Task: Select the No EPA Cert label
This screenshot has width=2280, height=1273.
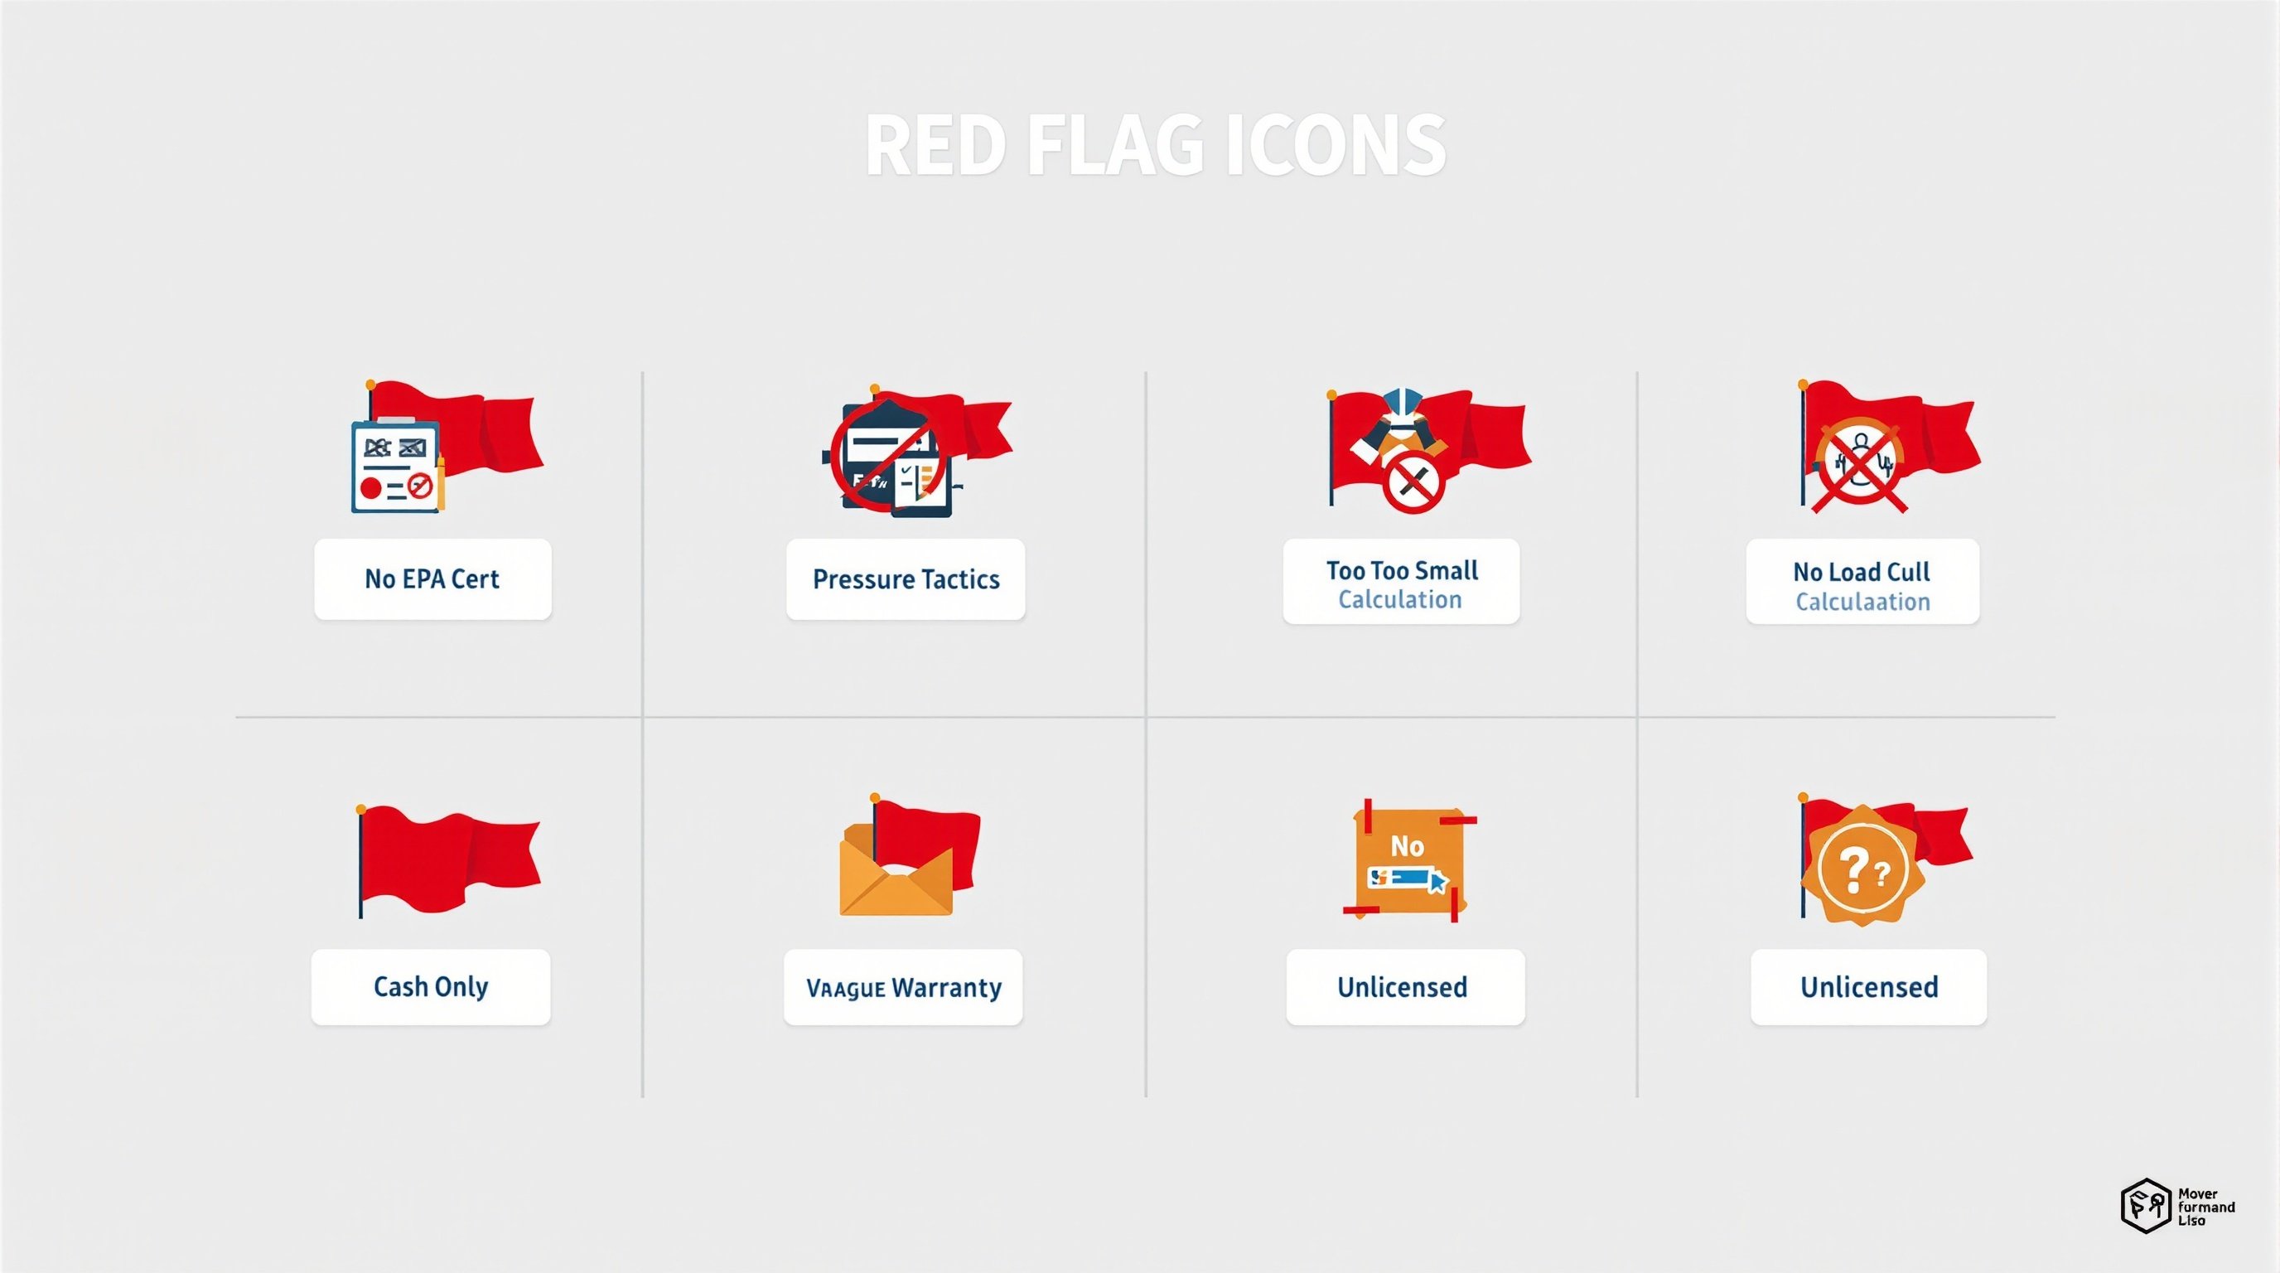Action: coord(432,579)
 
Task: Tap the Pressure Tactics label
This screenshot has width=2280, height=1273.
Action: coord(906,579)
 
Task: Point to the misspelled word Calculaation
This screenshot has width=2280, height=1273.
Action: coord(1862,602)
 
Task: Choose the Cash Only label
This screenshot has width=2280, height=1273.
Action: coord(430,986)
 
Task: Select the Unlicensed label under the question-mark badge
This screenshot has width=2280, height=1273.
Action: coord(1868,987)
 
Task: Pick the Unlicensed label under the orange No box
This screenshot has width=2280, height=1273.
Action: coord(1402,987)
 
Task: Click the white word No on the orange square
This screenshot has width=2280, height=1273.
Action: coord(1407,846)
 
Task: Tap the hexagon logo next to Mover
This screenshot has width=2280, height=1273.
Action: coord(2146,1206)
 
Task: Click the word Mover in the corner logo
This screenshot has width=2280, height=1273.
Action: coord(2198,1193)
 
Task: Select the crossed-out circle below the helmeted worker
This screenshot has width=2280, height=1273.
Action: coord(1413,483)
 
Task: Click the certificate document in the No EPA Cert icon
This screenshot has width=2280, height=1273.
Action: coord(394,467)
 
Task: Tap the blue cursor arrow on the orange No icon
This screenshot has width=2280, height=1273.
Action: coord(1437,882)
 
